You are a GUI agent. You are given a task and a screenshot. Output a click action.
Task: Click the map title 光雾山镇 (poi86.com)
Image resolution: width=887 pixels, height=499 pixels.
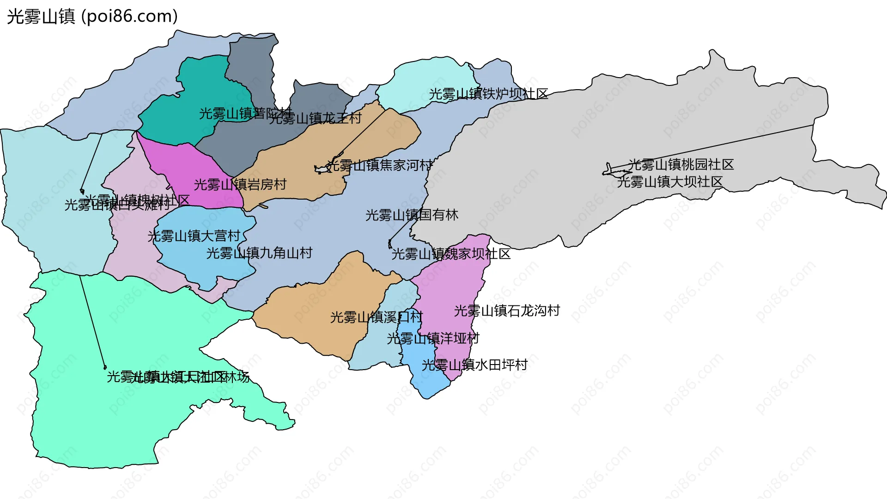point(92,17)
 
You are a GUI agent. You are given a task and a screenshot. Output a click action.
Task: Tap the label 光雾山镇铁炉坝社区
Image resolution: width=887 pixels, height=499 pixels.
point(488,94)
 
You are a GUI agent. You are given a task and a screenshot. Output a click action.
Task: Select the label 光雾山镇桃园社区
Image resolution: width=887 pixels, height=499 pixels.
point(680,164)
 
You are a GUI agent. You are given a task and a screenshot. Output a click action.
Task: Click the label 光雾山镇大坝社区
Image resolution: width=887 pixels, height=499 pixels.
point(669,182)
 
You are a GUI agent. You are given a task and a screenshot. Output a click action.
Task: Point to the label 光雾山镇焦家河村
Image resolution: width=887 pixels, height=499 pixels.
point(380,165)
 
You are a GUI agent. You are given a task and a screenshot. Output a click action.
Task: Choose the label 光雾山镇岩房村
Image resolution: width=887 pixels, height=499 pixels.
point(240,185)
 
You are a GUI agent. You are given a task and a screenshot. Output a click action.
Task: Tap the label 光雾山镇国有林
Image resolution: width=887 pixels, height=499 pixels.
point(412,215)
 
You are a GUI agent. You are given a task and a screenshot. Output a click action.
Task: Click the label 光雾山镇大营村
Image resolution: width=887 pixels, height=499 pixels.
point(194,236)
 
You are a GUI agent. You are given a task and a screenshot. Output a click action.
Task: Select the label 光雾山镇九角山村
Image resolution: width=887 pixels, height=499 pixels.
point(259,253)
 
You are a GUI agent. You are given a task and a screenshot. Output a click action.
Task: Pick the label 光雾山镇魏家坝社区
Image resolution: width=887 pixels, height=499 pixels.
point(451,254)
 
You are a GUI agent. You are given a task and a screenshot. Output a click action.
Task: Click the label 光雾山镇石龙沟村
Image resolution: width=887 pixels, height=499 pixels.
point(507,311)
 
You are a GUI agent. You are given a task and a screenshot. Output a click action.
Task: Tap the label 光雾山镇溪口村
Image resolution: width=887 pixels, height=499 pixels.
point(376,317)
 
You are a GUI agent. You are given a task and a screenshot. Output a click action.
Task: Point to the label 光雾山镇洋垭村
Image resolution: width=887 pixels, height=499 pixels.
point(433,339)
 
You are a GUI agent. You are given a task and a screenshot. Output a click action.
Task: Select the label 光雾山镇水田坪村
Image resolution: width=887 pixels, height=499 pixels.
point(474,365)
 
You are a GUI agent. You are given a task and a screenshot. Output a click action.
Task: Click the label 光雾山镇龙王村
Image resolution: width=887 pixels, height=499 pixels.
point(316,119)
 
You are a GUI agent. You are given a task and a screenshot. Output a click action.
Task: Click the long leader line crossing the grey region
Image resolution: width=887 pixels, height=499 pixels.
point(711,146)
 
